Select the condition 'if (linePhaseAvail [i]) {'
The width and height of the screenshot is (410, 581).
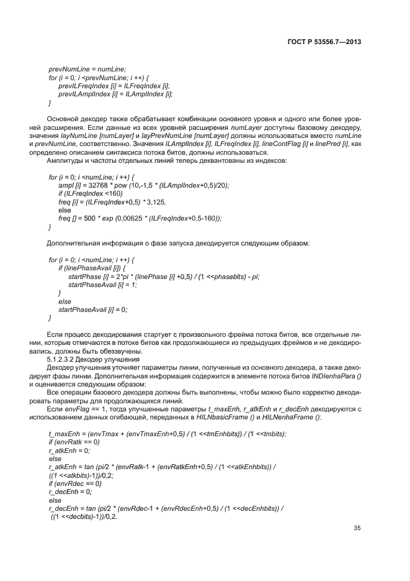[x=92, y=267]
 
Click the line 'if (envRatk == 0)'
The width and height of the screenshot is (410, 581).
[x=69, y=441]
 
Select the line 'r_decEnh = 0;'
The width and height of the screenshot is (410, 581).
[x=69, y=491]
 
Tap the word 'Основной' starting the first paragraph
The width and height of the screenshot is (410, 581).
[x=64, y=119]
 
